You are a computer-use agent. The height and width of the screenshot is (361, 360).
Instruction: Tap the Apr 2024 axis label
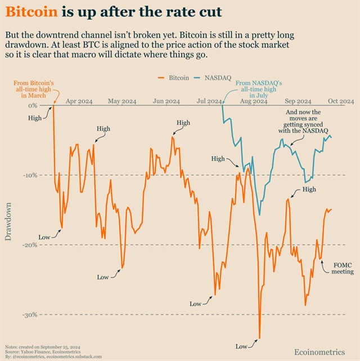tap(79, 101)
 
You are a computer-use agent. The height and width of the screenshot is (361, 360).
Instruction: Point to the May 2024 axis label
tap(122, 101)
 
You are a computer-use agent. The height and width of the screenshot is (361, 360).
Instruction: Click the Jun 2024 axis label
tap(166, 101)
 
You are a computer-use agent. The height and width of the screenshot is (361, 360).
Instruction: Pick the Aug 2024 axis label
tap(253, 101)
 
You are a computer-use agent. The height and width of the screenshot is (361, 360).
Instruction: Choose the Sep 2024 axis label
tap(298, 101)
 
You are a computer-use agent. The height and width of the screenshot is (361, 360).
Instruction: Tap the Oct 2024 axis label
tap(341, 101)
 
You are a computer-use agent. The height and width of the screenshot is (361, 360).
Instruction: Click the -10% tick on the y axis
tap(29, 175)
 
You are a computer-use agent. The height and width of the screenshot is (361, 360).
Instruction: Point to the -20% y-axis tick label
tap(29, 245)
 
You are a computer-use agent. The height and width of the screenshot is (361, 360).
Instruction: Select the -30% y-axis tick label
tap(29, 315)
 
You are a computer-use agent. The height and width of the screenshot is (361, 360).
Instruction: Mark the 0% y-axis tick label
tap(32, 105)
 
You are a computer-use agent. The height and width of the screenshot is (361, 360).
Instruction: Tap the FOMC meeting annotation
tap(342, 268)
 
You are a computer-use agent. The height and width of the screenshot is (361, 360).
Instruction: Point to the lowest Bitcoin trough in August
tap(259, 338)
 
